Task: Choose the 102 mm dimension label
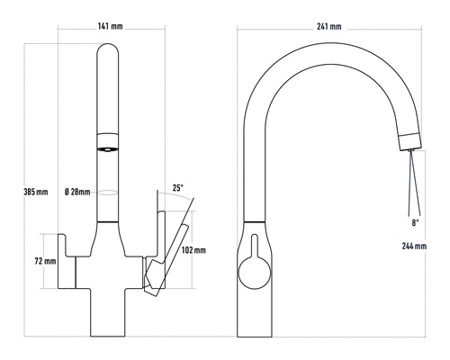[193, 249]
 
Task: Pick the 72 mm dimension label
[44, 261]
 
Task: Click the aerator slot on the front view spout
[106, 148]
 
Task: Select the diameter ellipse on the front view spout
[106, 192]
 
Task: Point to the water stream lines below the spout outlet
[409, 180]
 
